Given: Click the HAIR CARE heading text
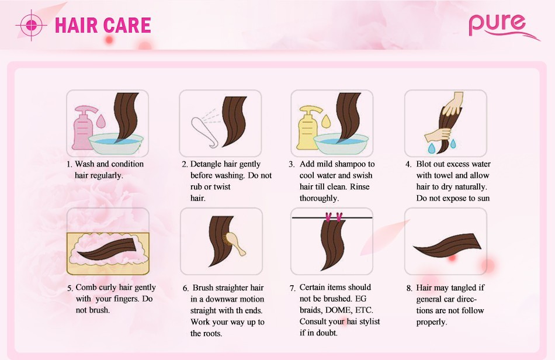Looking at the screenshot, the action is coord(103,25).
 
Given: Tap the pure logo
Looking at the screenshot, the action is coord(502,26).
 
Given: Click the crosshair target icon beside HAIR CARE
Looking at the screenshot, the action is coord(31,25).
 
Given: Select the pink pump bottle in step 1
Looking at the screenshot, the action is coord(84,127).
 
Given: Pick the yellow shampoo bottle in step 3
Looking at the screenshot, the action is coord(309,127).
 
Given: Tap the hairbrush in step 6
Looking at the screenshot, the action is coord(234,243).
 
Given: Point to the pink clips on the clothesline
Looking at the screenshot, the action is coord(334,217).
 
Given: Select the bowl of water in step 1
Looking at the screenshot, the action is coord(116,144).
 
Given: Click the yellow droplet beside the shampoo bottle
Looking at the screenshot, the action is coord(326,121).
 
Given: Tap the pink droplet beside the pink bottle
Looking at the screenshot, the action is coord(101,121).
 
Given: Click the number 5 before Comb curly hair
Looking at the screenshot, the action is coord(70,288).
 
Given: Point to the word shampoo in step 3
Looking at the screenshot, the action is coord(349,165).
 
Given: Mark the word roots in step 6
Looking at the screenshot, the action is coord(213,334).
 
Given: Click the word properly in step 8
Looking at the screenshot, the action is coord(432,323).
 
